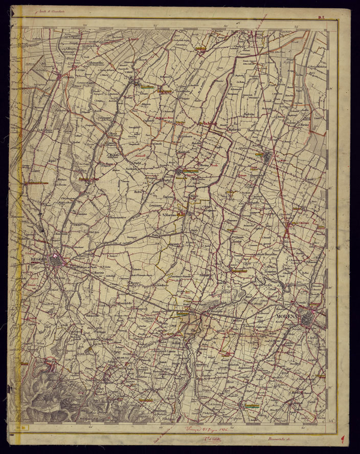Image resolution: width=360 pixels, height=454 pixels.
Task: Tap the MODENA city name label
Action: pyautogui.click(x=289, y=316)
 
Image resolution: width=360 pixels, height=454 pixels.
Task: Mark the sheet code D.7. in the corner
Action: pyautogui.click(x=322, y=18)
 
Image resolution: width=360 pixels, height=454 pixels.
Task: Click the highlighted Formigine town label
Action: pyautogui.click(x=251, y=406)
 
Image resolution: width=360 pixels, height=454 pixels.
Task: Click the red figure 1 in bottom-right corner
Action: pyautogui.click(x=342, y=439)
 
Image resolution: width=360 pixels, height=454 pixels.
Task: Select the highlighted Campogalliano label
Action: pyautogui.click(x=239, y=271)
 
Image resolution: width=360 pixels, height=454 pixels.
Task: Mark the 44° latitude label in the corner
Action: pyautogui.click(x=332, y=420)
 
